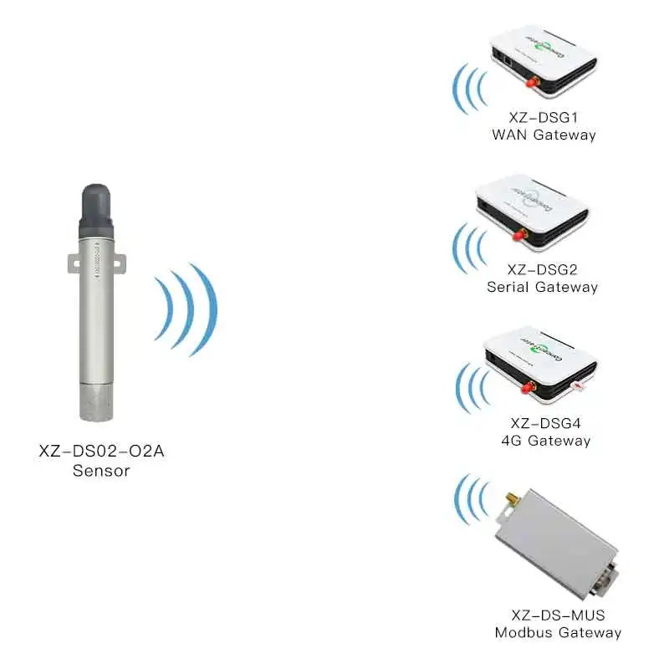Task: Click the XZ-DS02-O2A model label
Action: tap(100, 452)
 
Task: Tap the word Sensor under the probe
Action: tap(100, 471)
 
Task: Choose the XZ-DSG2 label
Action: tap(543, 269)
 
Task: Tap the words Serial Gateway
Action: tap(543, 287)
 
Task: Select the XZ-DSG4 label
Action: tap(543, 423)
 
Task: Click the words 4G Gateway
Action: tap(543, 441)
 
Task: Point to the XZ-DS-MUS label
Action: tap(558, 615)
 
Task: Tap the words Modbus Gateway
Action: tap(558, 633)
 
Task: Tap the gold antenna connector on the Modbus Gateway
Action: tap(507, 503)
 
